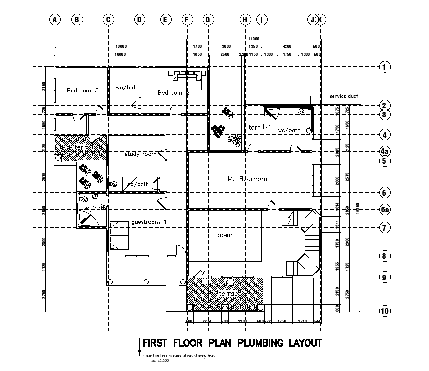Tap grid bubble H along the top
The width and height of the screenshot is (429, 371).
245,20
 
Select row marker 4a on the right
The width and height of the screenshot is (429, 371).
384,151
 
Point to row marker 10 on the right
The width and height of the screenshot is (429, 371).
384,311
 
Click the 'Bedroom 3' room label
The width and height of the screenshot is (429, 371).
83,90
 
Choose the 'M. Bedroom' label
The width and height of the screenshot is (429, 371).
247,179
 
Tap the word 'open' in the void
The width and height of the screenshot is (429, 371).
225,235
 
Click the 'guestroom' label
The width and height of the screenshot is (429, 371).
145,222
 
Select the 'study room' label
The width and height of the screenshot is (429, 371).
141,154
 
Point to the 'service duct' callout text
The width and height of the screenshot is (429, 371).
344,96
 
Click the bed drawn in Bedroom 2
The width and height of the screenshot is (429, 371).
187,78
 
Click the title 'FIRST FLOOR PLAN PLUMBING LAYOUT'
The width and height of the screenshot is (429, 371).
232,343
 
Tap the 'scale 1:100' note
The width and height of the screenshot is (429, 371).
160,360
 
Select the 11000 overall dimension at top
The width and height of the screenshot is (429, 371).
253,39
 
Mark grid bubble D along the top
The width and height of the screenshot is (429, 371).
140,20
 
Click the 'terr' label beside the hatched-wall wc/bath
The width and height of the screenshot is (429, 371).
254,128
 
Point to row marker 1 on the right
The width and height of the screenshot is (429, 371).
384,67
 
